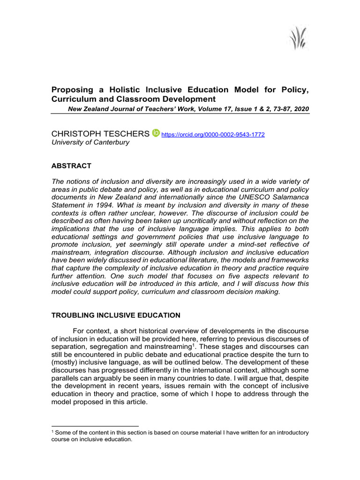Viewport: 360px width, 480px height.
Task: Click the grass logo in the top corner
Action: (297, 37)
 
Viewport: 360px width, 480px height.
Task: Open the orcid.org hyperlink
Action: (213, 135)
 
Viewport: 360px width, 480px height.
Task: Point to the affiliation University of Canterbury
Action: (90, 142)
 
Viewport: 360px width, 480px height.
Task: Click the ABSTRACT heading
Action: (71, 166)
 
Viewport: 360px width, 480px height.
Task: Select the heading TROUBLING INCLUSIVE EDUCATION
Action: (115, 315)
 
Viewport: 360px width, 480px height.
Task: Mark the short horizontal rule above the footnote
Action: (88, 426)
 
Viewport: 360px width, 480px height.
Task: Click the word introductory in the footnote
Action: (288, 433)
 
